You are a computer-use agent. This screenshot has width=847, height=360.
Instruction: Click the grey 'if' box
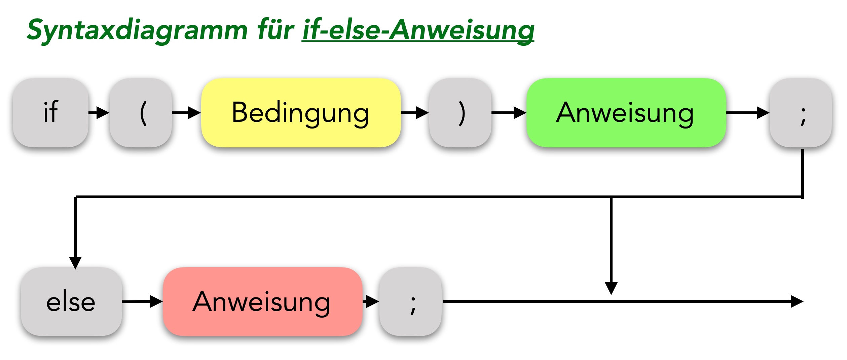pos(50,113)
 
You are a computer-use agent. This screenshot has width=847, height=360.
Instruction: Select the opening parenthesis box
pos(141,113)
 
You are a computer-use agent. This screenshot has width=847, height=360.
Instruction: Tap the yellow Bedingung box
pos(301,113)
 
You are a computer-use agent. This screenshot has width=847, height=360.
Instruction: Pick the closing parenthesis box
pos(460,113)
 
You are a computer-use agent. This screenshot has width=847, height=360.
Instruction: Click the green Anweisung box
pos(626,113)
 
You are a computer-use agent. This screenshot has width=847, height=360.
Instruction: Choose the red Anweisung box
pos(262,301)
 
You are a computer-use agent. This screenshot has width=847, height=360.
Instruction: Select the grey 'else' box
pos(71,301)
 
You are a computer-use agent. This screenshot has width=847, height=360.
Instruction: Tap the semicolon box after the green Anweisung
pos(801,113)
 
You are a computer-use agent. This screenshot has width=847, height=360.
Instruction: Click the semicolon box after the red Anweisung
pos(410,301)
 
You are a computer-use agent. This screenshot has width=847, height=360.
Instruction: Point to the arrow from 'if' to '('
pos(99,113)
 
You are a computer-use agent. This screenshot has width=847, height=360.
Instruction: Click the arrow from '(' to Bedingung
pos(187,113)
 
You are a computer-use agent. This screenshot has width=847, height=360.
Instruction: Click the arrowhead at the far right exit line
pos(797,301)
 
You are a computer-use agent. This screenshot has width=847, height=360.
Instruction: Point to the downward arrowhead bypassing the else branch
pos(611,288)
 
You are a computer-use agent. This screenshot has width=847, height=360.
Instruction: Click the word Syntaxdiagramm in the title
pos(137,30)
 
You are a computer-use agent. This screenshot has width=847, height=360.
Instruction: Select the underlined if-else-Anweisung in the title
pos(418,30)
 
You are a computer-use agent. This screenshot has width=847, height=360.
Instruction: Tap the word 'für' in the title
pos(275,30)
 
